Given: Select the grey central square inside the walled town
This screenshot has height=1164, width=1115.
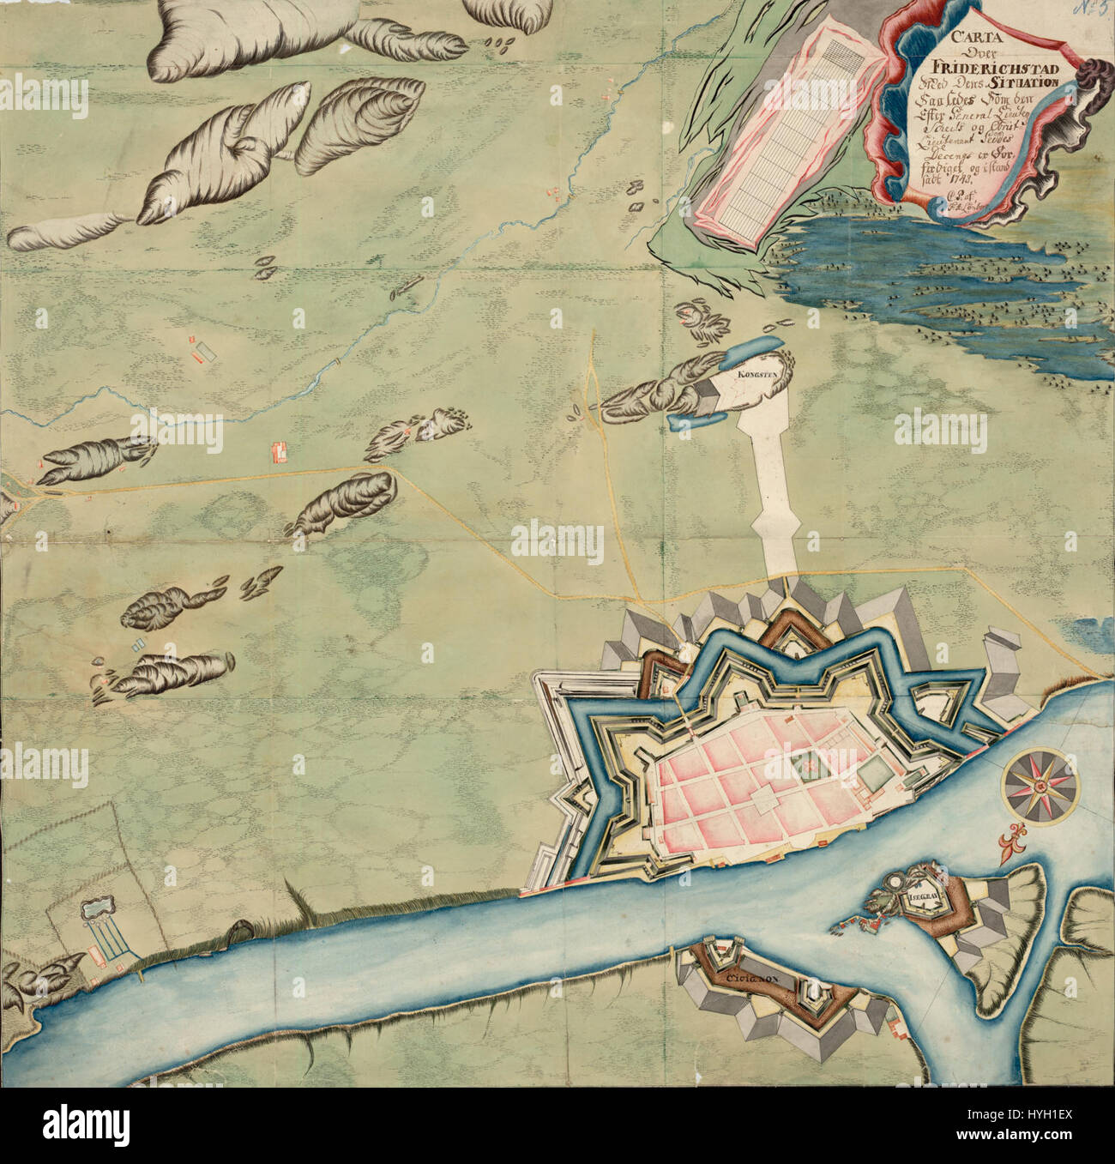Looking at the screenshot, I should click(764, 802).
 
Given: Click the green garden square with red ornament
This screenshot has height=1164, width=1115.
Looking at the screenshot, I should click(805, 760).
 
